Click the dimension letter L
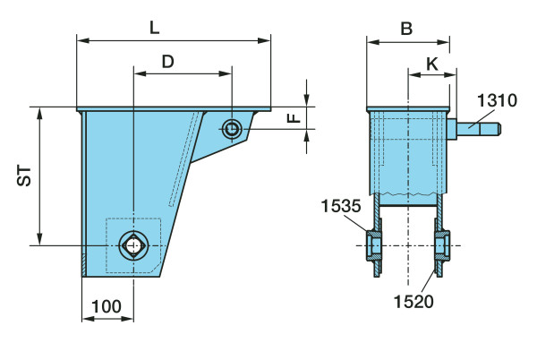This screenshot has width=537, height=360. coord(155,28)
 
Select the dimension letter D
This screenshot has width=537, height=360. coord(168,62)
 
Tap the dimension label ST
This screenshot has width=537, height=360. coord(24,176)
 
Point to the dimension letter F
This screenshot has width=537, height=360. coord(294,118)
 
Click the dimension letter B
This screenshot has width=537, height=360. coord(406,29)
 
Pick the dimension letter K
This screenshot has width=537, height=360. coord(432,64)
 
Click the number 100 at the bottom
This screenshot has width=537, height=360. coord(107,306)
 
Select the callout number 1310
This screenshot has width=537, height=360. coord(497,100)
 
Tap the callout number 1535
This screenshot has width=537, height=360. coord(341,206)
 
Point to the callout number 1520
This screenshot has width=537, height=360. coord(413,302)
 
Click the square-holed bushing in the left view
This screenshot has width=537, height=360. coord(134,245)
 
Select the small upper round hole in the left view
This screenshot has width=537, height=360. coord(232,129)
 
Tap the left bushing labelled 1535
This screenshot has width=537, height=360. coord(374,246)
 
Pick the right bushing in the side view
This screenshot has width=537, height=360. coord(442,246)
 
